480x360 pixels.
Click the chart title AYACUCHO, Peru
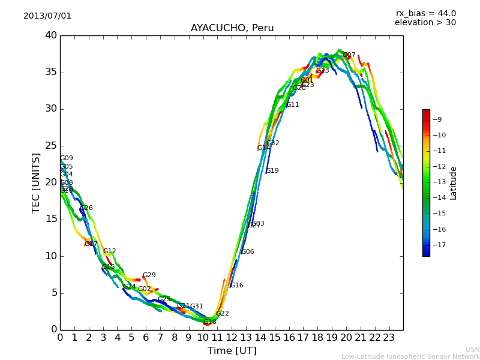[232, 28]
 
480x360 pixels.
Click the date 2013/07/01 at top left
[47, 16]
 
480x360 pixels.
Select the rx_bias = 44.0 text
[425, 14]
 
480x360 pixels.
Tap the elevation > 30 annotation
[425, 23]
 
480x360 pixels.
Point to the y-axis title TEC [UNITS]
[37, 182]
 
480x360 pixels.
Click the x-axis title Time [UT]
[232, 351]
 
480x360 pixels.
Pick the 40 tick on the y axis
[51, 35]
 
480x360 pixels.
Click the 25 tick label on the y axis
[51, 146]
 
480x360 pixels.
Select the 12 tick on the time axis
[232, 338]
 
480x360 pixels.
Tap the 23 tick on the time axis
[389, 338]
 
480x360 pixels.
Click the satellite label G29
[149, 275]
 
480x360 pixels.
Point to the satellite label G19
[272, 171]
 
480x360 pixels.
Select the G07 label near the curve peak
[349, 55]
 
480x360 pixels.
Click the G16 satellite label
[236, 286]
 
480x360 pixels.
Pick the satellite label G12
[109, 251]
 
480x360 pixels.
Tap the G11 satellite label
[292, 105]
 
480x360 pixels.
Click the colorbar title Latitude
[454, 183]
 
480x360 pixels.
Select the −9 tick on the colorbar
[437, 120]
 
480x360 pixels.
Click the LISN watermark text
[473, 349]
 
